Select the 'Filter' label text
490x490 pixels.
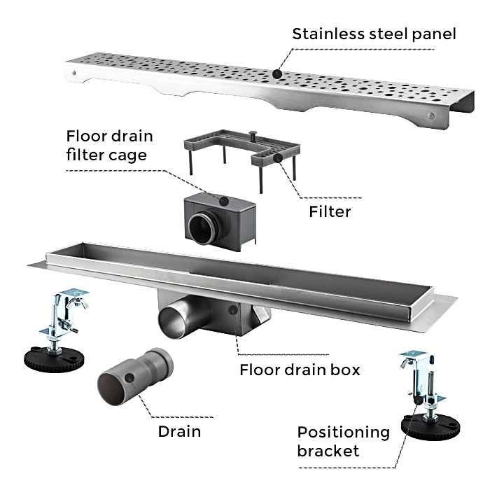[329, 210]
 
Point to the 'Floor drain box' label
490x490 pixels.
[300, 369]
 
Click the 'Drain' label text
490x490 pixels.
[179, 431]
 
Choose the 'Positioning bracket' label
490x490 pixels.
[343, 441]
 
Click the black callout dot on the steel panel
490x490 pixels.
[278, 73]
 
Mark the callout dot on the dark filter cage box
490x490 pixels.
[223, 200]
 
